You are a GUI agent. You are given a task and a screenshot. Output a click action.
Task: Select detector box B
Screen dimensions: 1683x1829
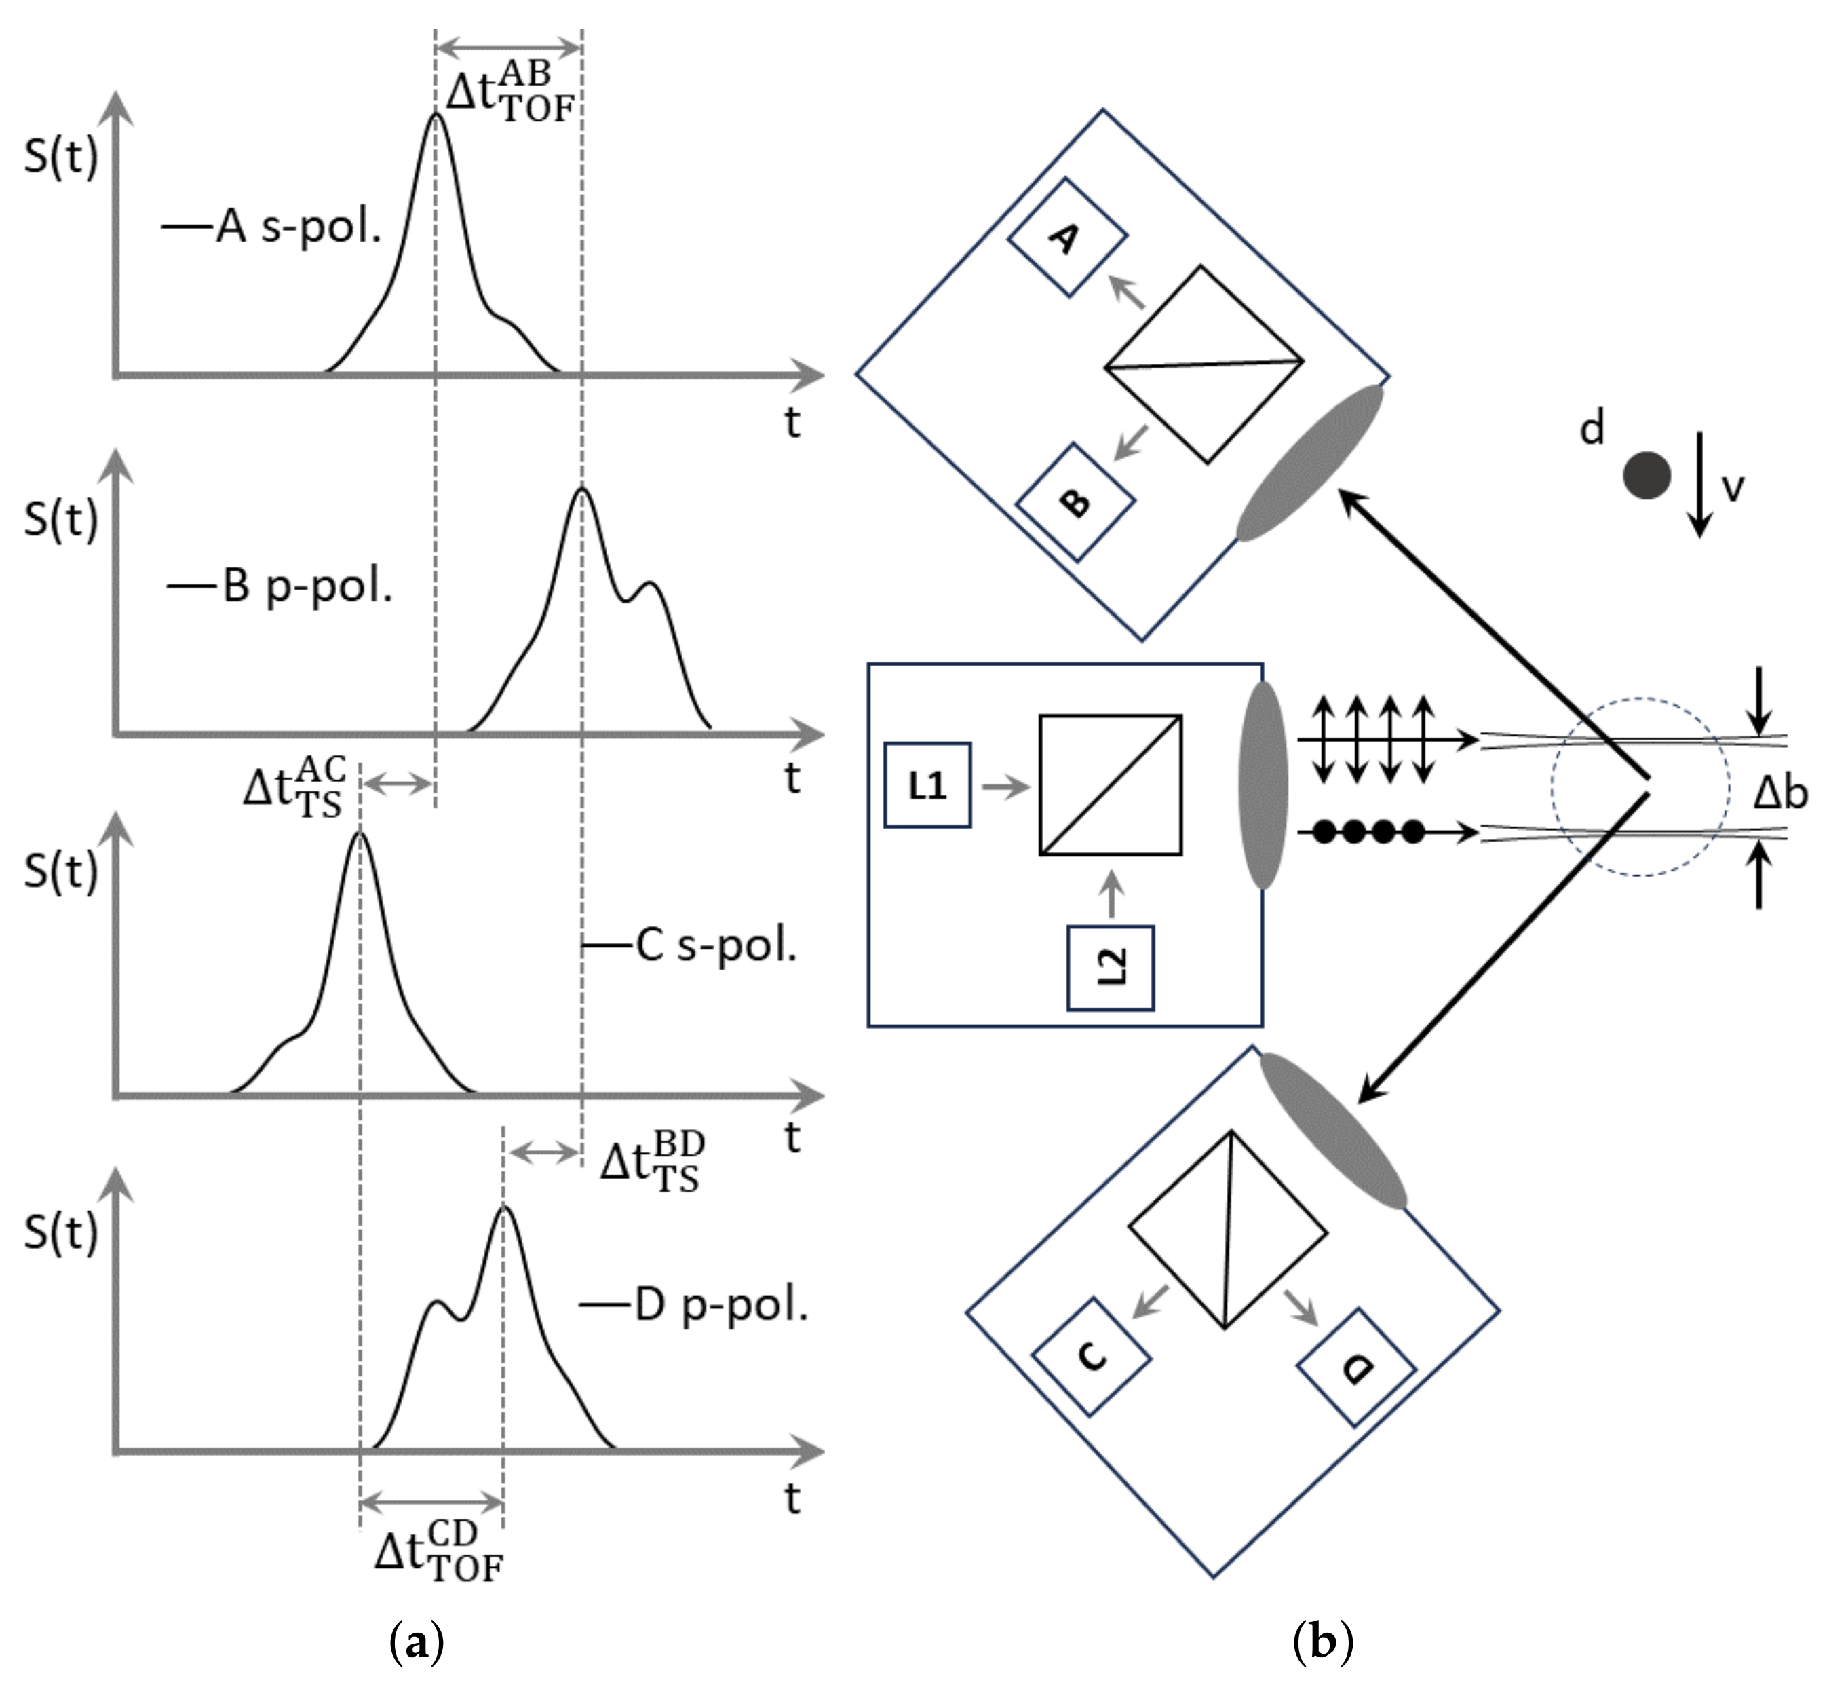point(1075,502)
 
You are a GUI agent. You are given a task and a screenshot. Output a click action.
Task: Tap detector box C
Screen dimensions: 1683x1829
point(1092,1356)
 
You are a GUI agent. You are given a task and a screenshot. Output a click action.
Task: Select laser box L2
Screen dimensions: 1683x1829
point(1110,967)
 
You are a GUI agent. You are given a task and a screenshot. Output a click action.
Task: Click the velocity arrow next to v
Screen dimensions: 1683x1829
point(1699,485)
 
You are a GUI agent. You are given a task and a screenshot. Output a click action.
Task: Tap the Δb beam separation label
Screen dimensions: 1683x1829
point(1780,794)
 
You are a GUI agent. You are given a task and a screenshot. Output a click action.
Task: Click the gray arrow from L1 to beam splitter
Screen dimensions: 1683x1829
point(1004,786)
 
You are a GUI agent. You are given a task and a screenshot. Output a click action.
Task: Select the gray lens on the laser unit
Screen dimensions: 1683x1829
point(1262,785)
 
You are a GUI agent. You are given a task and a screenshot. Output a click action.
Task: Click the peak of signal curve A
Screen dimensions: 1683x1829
point(435,115)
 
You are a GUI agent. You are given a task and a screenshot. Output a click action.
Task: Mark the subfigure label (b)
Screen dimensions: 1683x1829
point(1322,1642)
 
